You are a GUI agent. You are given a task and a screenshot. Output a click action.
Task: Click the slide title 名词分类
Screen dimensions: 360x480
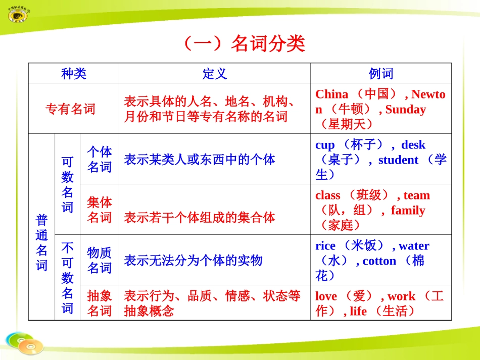(x=244, y=44)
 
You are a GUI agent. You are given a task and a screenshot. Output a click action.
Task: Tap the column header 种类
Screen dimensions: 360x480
(x=74, y=74)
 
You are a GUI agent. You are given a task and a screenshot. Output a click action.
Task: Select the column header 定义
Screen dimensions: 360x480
(x=215, y=74)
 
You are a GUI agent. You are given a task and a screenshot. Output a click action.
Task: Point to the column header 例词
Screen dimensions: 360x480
(x=381, y=74)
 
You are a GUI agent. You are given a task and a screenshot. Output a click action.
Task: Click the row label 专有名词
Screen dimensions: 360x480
(x=70, y=109)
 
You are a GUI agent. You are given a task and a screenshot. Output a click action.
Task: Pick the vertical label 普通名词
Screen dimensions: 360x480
(x=41, y=243)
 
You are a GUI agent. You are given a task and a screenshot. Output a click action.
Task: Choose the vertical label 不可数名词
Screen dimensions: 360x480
(x=67, y=278)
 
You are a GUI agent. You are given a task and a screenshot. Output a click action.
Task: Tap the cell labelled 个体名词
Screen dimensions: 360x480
(x=100, y=160)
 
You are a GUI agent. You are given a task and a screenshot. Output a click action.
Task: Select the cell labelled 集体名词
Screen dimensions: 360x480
(x=100, y=210)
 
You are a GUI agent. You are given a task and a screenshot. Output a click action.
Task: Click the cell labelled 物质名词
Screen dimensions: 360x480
(x=100, y=261)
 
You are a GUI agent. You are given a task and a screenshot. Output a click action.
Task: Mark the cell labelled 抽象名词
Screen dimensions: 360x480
(x=100, y=303)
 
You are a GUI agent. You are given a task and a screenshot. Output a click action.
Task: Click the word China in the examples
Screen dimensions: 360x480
(x=331, y=94)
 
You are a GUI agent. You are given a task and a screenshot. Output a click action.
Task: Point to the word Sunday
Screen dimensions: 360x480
(x=405, y=110)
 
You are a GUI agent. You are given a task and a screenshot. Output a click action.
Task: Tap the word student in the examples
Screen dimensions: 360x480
(x=398, y=160)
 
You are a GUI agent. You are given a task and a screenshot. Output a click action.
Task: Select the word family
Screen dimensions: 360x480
(x=408, y=211)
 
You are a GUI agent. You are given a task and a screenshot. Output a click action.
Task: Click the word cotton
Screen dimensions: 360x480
(x=379, y=261)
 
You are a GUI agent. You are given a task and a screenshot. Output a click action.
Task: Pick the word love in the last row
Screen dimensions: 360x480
(x=326, y=296)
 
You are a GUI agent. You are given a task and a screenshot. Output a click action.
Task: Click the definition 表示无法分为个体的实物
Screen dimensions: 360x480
(x=193, y=261)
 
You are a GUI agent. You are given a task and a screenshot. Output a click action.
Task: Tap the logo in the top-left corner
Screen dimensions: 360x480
(x=19, y=14)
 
